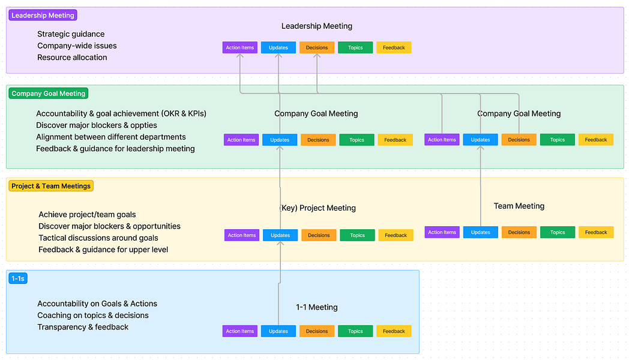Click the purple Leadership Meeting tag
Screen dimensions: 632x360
(43, 16)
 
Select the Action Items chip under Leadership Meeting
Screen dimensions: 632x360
(240, 47)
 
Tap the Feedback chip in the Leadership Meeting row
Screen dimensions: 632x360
(394, 47)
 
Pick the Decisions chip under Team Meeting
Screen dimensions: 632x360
(519, 232)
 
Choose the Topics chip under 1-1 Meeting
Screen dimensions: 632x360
(355, 331)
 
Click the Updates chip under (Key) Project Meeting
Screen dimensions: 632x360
(280, 235)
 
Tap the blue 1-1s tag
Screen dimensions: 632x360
(18, 278)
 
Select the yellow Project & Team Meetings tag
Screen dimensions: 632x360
(51, 186)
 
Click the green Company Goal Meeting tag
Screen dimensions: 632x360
(49, 94)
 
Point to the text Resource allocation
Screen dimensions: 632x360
(72, 57)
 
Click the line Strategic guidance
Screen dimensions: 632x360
(71, 34)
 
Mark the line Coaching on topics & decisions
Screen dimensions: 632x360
(93, 315)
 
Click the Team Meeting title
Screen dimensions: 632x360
(519, 206)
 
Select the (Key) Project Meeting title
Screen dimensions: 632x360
(318, 208)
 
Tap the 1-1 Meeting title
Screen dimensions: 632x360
(317, 307)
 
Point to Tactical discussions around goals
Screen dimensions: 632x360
(98, 238)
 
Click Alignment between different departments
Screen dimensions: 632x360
(111, 137)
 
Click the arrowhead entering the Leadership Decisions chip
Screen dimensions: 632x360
(317, 56)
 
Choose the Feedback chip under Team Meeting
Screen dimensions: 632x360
(596, 232)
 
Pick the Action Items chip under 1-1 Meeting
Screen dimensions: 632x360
(240, 331)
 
